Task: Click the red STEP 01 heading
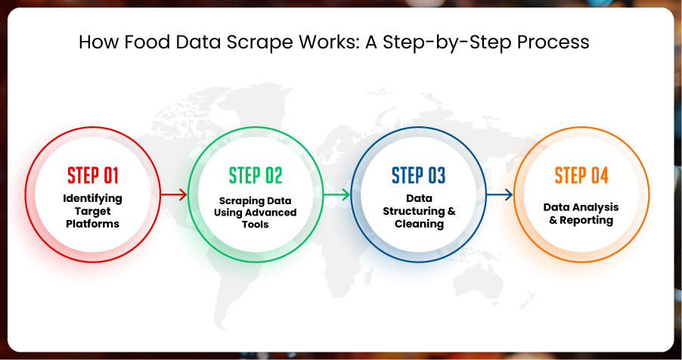93,175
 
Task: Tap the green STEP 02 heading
256,175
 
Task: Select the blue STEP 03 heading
418,175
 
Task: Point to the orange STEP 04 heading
581,175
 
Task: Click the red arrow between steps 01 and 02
174,194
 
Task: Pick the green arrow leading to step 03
336,194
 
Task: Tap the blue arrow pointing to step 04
500,194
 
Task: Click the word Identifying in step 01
93,199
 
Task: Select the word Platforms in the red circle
93,224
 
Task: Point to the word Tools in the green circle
256,225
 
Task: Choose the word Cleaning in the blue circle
420,224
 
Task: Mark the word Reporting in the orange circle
586,221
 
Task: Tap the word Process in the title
553,42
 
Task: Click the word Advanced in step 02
273,213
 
